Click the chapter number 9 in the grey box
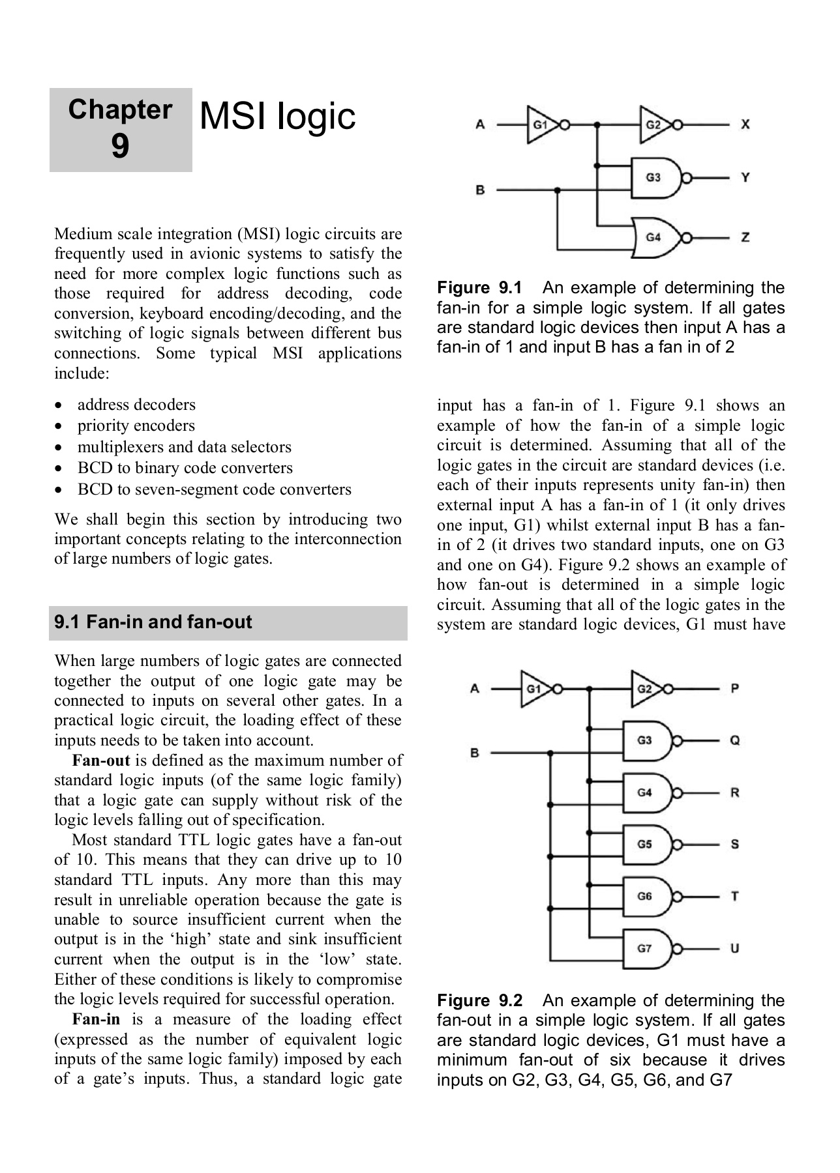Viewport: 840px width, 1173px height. pyautogui.click(x=120, y=146)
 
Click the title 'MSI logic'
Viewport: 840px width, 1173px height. pyautogui.click(x=277, y=117)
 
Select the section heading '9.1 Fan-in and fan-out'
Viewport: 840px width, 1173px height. pyautogui.click(x=153, y=622)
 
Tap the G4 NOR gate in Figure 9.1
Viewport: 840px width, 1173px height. pyautogui.click(x=655, y=237)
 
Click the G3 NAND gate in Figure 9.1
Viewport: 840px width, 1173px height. pyautogui.click(x=655, y=177)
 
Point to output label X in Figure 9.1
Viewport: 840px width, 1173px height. pyautogui.click(x=745, y=124)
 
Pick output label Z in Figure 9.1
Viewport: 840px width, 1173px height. pyautogui.click(x=745, y=237)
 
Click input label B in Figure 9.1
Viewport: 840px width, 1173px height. pyautogui.click(x=480, y=190)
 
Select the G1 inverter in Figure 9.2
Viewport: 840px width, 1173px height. pyautogui.click(x=535, y=688)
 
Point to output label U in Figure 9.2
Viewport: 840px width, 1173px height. pyautogui.click(x=735, y=948)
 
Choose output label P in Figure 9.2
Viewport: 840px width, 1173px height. pyautogui.click(x=735, y=688)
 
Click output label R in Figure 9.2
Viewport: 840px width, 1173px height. pyautogui.click(x=735, y=792)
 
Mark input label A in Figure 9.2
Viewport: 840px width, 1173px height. pyautogui.click(x=475, y=688)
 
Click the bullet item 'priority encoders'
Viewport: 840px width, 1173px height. pyautogui.click(x=136, y=426)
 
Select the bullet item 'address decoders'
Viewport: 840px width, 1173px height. pyautogui.click(x=136, y=405)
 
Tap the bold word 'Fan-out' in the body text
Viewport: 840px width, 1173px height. pyautogui.click(x=101, y=760)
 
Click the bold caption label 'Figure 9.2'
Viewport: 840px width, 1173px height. pyautogui.click(x=479, y=1000)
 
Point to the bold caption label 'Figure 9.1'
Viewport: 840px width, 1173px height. pyautogui.click(x=479, y=288)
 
